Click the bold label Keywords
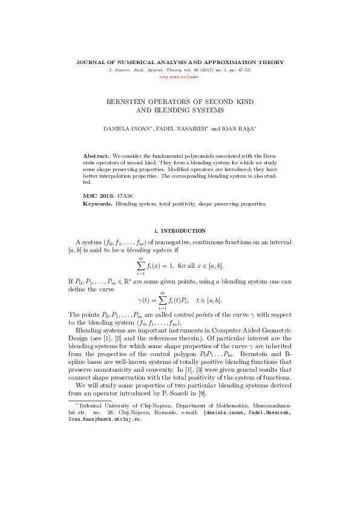tap(97, 204)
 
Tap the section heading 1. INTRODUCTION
tap(180, 231)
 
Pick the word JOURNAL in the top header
tap(90, 62)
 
